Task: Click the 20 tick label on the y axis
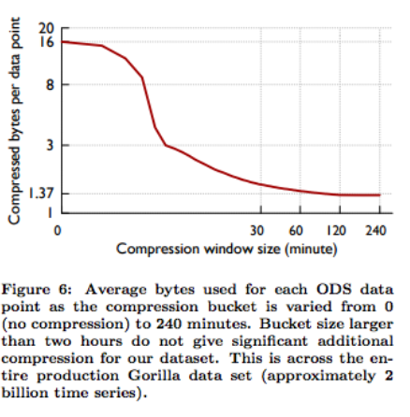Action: coord(46,28)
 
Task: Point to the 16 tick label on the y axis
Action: coord(46,41)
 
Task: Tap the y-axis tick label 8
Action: coord(50,84)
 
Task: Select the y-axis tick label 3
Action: coord(50,145)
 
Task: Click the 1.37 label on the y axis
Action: coord(41,194)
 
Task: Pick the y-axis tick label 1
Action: coord(50,213)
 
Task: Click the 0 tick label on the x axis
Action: coord(57,231)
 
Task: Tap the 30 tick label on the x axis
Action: coord(256,231)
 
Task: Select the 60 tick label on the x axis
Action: coord(296,231)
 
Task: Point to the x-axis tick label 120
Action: coord(336,231)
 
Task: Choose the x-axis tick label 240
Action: coord(375,231)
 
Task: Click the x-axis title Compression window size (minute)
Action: coord(227,250)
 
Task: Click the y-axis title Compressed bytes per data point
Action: coord(14,121)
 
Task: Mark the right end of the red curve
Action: coord(380,195)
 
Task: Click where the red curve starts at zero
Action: coord(62,41)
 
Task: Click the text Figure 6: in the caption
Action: coord(37,290)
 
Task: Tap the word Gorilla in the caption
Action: coord(154,376)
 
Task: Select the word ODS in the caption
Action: coord(333,290)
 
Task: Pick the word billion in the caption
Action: coord(23,393)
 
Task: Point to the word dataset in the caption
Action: coord(189,358)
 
